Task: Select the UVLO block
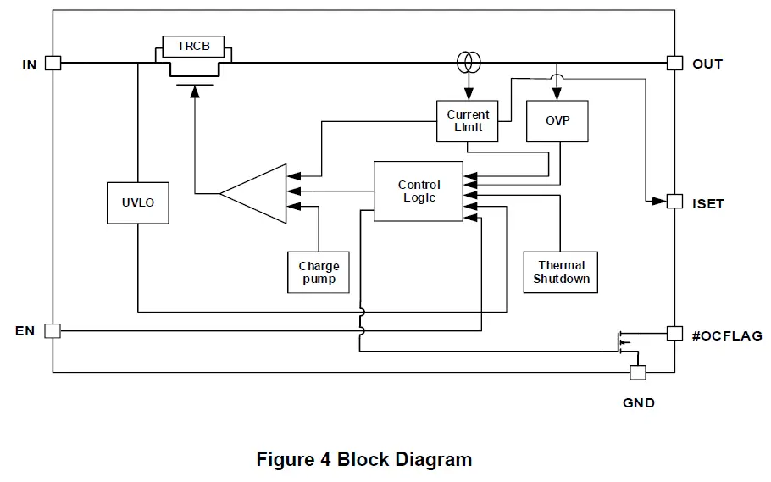pyautogui.click(x=136, y=202)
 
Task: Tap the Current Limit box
pyautogui.click(x=468, y=121)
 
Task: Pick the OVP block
pyautogui.click(x=557, y=120)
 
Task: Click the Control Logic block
pyautogui.click(x=419, y=191)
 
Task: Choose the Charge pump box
pyautogui.click(x=319, y=272)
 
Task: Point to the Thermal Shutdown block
pyautogui.click(x=561, y=272)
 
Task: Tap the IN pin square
pyautogui.click(x=53, y=63)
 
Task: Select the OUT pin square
pyautogui.click(x=674, y=63)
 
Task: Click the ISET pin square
pyautogui.click(x=674, y=202)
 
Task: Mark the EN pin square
pyautogui.click(x=53, y=331)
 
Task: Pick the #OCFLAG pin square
pyautogui.click(x=674, y=334)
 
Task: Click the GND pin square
pyautogui.click(x=638, y=373)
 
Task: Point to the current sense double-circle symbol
pyautogui.click(x=468, y=62)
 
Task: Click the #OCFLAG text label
pyautogui.click(x=727, y=336)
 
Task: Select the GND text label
pyautogui.click(x=639, y=403)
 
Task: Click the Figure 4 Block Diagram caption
pyautogui.click(x=364, y=460)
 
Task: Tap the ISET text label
pyautogui.click(x=708, y=203)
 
